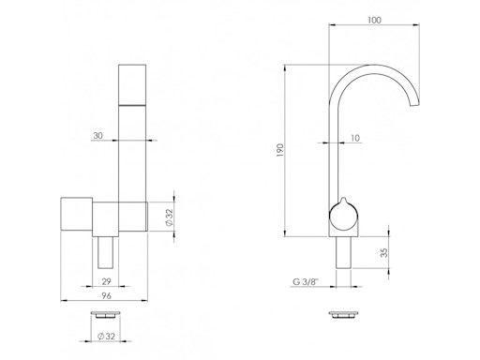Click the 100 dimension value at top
(x=374, y=20)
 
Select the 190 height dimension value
(x=280, y=150)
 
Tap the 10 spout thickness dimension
(x=355, y=138)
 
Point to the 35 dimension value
(x=384, y=252)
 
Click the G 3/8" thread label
(x=306, y=282)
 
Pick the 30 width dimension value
(x=97, y=136)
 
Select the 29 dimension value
(x=106, y=281)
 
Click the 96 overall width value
(x=106, y=295)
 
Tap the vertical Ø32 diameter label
(x=169, y=217)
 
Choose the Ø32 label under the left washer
(x=106, y=337)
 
